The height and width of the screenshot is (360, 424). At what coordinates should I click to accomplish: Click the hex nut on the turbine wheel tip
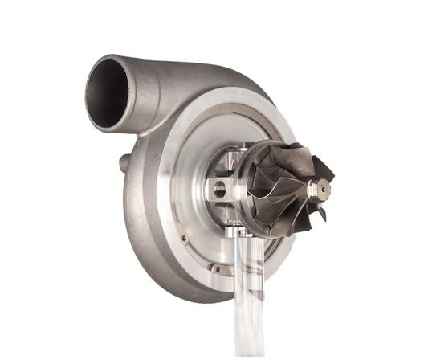pyautogui.click(x=320, y=189)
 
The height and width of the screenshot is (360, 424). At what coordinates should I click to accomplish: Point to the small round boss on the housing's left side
pyautogui.click(x=124, y=163)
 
